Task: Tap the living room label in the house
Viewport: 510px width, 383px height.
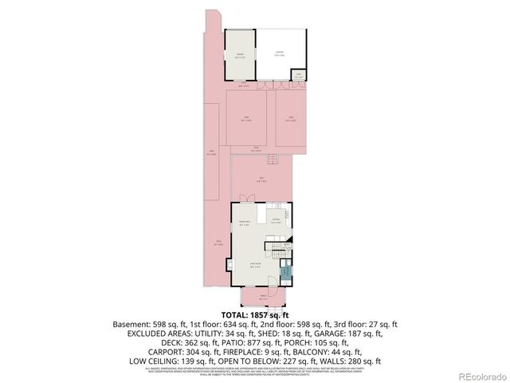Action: pos(254,267)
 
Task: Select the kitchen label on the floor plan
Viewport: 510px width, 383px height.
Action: pos(275,221)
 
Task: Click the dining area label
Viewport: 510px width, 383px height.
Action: pos(245,224)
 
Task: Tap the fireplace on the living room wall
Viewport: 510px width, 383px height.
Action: pos(231,265)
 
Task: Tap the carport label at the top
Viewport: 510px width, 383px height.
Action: pos(279,53)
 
